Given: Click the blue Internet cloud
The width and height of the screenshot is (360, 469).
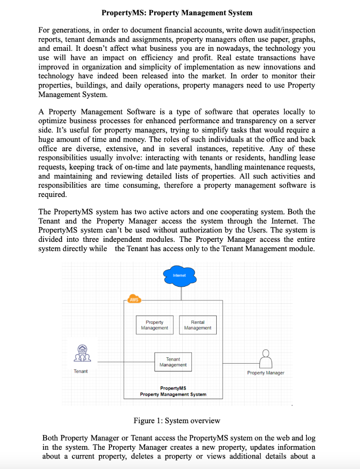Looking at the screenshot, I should [180, 275].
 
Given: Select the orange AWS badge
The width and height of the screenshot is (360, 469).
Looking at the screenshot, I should [134, 300].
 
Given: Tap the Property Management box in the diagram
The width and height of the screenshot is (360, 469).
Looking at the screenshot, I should [154, 325].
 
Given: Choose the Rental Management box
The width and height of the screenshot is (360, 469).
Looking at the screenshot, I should [197, 325].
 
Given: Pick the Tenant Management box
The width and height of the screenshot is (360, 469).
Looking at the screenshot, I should [173, 362].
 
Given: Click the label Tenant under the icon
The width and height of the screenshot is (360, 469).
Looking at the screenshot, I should [81, 371].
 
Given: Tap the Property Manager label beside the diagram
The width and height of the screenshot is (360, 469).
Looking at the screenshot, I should [266, 373].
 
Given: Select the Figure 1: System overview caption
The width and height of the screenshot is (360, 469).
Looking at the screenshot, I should [177, 420].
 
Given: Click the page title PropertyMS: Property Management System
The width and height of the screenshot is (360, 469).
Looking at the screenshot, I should [177, 12].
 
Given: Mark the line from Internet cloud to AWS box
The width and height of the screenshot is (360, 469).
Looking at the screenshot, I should [181, 291].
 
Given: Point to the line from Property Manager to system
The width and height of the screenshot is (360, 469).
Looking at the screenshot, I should [240, 362].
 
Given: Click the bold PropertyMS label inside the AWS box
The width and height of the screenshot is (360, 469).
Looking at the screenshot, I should [173, 388].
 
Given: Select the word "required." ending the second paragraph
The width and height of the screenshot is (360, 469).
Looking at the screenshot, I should [53, 194].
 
